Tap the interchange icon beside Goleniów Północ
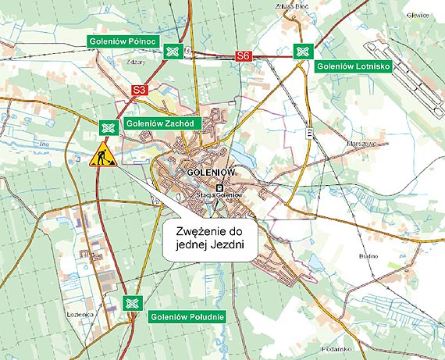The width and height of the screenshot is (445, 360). click(173, 52)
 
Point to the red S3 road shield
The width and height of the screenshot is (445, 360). click(140, 91)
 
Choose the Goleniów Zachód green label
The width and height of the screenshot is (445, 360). click(162, 123)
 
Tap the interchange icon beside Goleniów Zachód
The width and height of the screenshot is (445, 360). click(108, 127)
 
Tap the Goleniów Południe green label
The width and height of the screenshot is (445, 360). click(187, 317)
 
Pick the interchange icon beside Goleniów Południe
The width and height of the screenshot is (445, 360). click(132, 303)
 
